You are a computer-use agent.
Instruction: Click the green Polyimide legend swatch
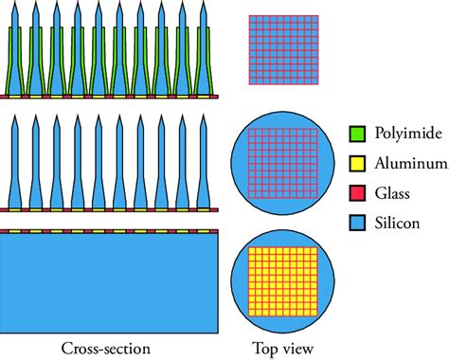357,134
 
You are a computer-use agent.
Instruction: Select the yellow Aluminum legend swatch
357,164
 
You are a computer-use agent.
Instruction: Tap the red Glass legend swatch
357,193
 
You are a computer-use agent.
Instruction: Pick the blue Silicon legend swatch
357,223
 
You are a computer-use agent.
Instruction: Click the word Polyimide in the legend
408,134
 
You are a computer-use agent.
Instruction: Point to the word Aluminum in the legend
411,163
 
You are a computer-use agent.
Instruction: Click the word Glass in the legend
392,193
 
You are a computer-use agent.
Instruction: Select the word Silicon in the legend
397,223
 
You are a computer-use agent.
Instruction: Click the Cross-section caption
106,349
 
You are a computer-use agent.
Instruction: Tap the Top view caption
283,350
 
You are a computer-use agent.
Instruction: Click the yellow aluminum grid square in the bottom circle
283,281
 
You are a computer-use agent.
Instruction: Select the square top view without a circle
283,50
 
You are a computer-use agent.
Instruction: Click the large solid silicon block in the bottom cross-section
109,283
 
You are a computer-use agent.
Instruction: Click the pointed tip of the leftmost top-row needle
15,2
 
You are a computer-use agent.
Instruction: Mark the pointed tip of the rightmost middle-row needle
204,116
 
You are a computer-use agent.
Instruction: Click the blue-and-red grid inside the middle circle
283,163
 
